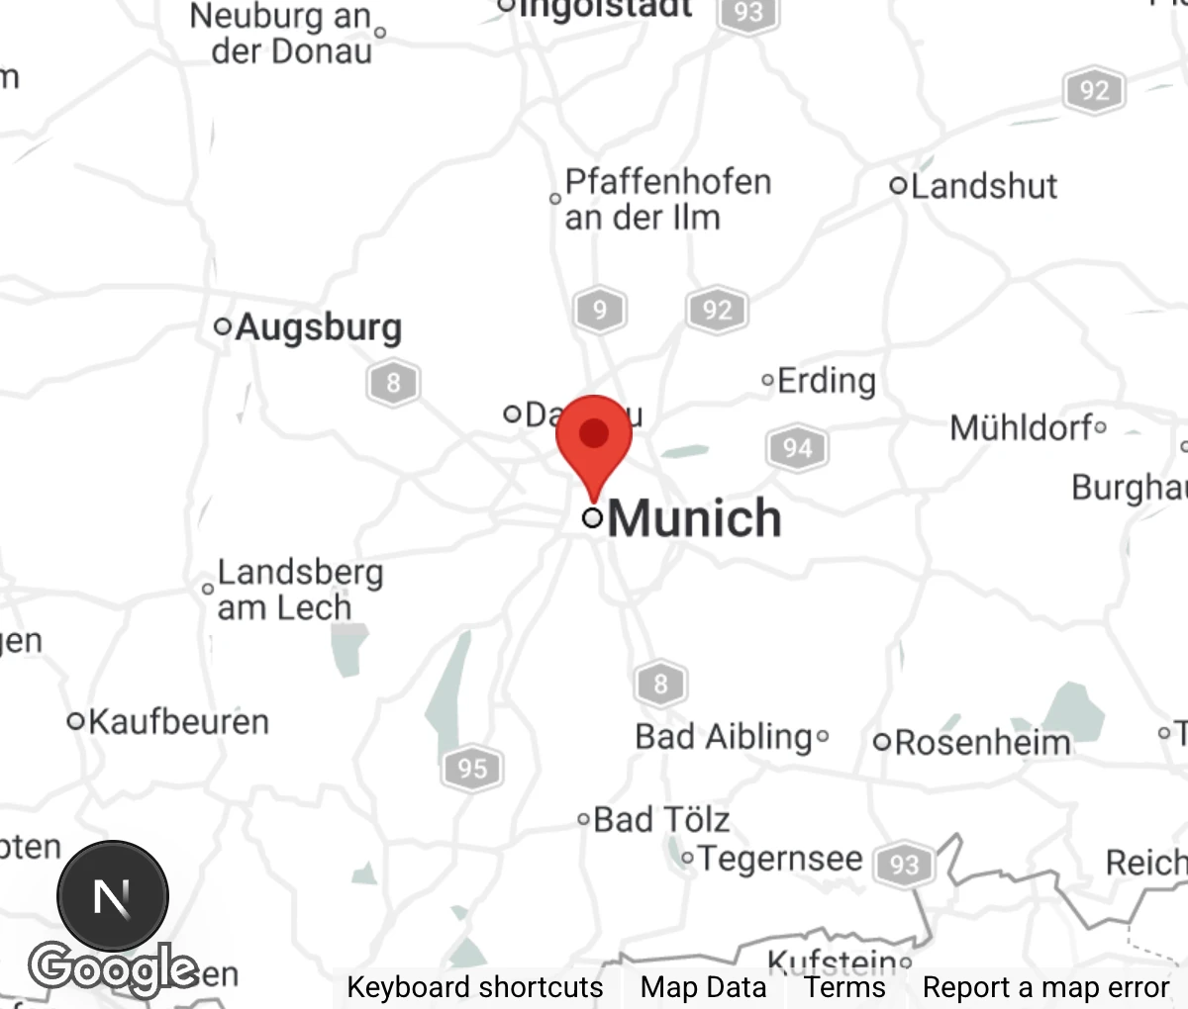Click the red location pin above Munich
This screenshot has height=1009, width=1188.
click(594, 435)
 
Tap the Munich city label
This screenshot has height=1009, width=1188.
click(693, 518)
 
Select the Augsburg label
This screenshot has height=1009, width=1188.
click(318, 326)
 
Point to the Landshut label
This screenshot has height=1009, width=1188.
click(983, 186)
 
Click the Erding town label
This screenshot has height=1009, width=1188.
click(826, 381)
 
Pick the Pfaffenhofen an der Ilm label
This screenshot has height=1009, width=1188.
click(665, 199)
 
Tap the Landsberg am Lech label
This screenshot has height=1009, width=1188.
click(298, 590)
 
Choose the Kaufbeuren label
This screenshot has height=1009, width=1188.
click(178, 722)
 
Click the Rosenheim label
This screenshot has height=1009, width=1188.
click(982, 743)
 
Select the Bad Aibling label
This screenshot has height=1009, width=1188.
click(725, 737)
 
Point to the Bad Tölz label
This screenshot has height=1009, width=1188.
click(661, 820)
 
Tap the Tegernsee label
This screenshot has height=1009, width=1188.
click(780, 859)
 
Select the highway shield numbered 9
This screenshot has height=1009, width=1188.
click(599, 311)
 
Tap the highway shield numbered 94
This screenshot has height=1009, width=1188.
click(797, 448)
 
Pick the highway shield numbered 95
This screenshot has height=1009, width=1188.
click(472, 768)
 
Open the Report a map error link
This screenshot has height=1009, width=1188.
click(1045, 987)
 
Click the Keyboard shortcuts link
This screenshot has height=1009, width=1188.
click(474, 987)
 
